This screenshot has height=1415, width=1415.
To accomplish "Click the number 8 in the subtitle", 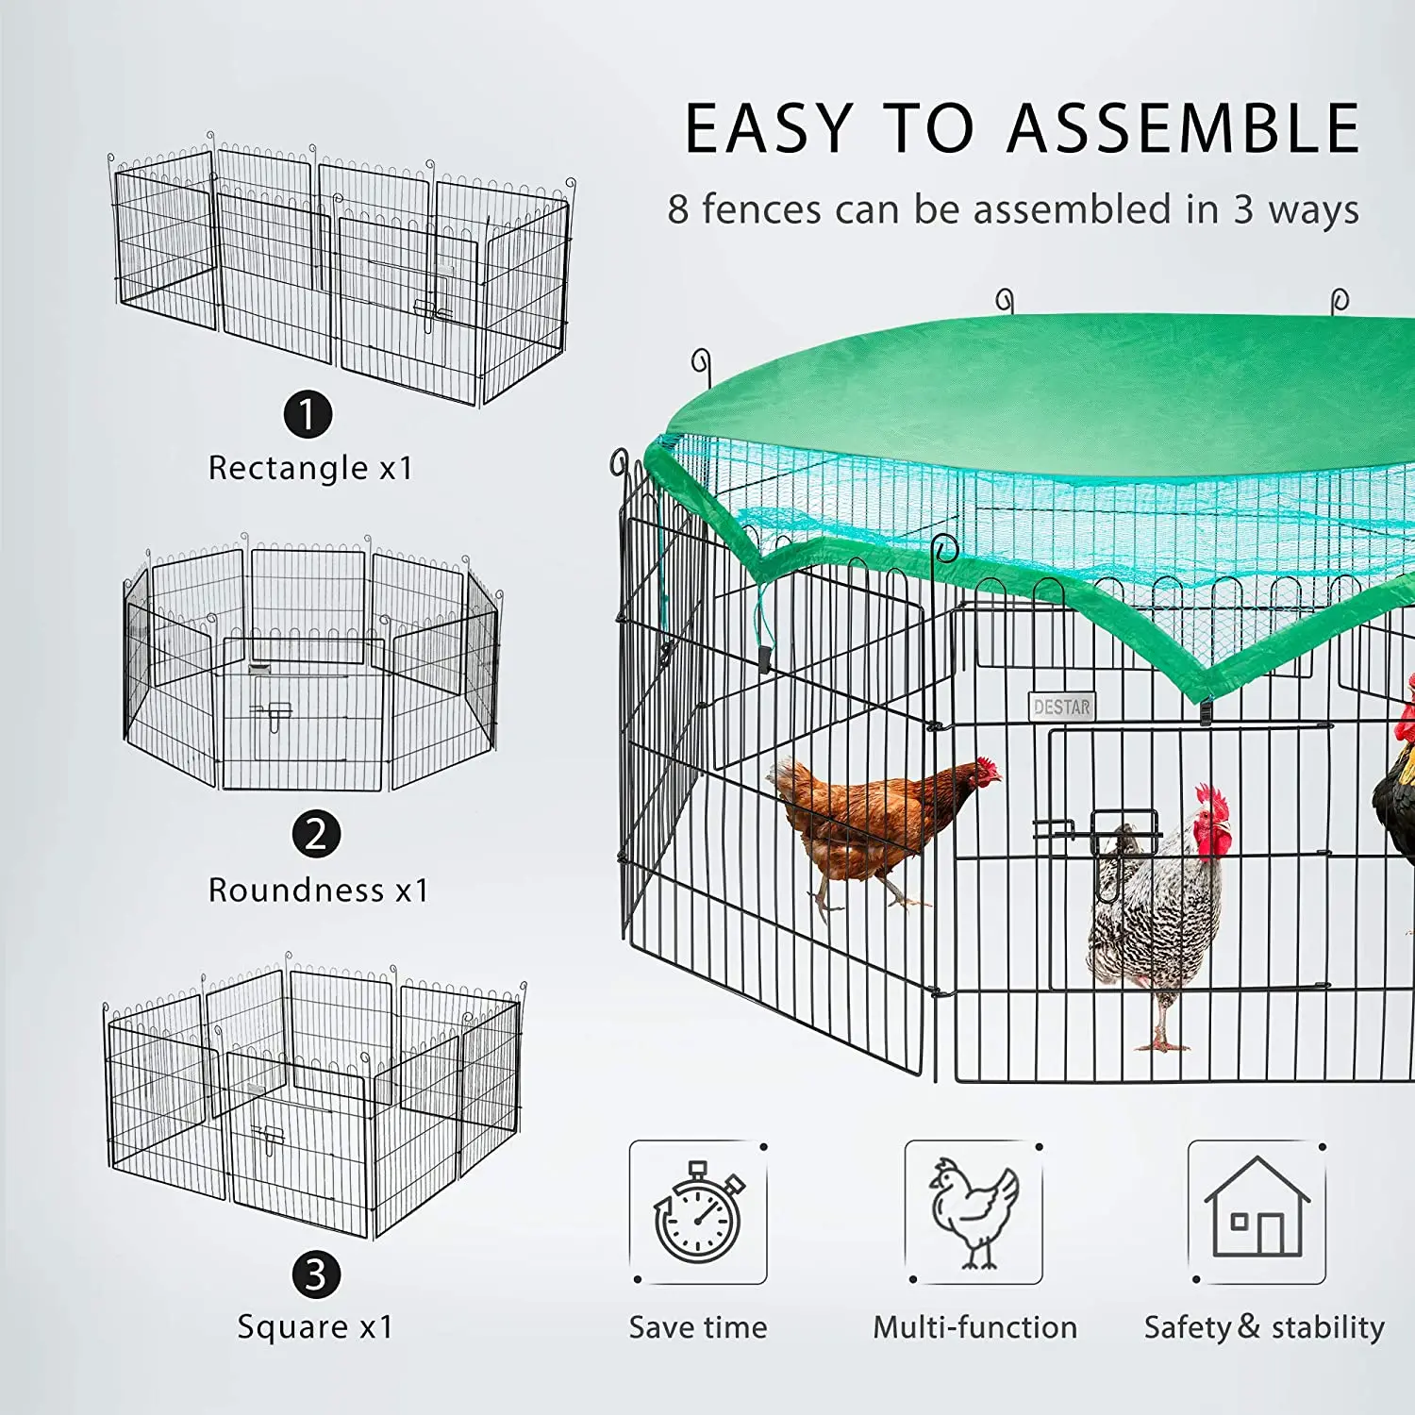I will (677, 209).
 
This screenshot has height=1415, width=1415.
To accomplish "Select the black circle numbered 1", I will (308, 414).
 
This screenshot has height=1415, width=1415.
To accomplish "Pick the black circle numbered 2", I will (315, 834).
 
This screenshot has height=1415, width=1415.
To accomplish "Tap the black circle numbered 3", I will (315, 1274).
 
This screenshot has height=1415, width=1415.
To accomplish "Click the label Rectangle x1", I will (310, 468).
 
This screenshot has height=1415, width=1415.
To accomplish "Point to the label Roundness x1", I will (318, 890).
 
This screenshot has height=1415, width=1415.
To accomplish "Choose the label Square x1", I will (315, 1326).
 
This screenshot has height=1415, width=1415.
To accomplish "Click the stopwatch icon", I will (698, 1213).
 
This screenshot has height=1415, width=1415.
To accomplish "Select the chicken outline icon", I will (974, 1213).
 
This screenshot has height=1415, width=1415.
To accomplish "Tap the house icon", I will (1257, 1211).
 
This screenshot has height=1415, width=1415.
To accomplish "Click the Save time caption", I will (698, 1327).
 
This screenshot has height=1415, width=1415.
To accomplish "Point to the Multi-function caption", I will (974, 1327).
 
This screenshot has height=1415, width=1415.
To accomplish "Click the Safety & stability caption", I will (1264, 1327).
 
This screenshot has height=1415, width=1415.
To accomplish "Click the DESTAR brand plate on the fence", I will (1061, 707).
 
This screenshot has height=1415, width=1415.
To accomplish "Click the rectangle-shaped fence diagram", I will (341, 274).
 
